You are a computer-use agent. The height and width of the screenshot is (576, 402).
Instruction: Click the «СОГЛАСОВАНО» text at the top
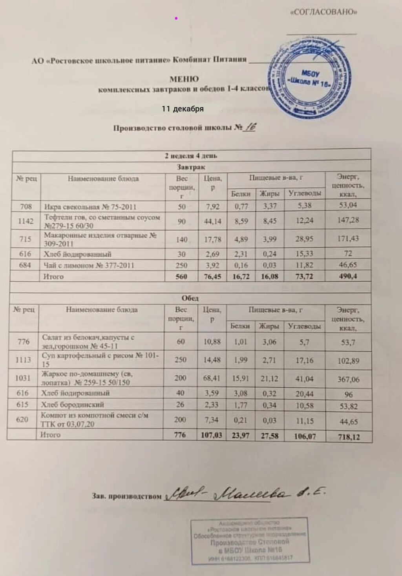coord(323,12)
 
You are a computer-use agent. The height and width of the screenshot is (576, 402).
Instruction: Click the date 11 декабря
coord(183,109)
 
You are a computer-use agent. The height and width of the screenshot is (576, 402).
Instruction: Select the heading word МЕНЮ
coord(184,79)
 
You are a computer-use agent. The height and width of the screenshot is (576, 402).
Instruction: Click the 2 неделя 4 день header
coord(191,156)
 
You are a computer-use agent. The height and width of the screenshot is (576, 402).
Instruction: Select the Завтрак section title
coord(191,167)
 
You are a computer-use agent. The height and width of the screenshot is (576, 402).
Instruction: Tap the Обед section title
coord(190,298)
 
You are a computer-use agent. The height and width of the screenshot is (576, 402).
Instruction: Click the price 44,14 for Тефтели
coord(212,221)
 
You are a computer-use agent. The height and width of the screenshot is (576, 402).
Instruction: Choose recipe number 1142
coord(26,221)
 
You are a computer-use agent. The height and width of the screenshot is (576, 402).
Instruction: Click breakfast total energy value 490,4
coord(348,276)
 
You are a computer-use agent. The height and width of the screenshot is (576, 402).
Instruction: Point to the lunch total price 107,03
coord(211,435)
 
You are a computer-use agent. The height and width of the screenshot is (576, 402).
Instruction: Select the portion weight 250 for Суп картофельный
coord(181,360)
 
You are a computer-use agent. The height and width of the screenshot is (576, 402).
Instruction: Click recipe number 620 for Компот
coord(22,419)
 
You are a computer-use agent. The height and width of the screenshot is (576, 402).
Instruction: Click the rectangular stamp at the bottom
coord(249,541)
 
